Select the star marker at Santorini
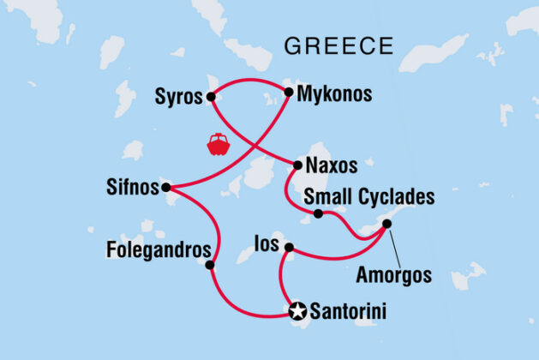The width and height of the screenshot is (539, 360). pyautogui.click(x=297, y=311)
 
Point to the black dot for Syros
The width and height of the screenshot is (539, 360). pyautogui.click(x=211, y=97)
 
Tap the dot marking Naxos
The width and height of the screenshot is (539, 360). pyautogui.click(x=297, y=164)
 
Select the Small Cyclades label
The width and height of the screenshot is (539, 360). pyautogui.click(x=370, y=197)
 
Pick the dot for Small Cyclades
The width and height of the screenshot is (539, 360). pyautogui.click(x=318, y=213)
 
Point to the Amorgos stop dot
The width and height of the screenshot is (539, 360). pyautogui.click(x=386, y=224)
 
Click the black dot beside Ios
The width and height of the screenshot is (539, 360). pyautogui.click(x=290, y=249)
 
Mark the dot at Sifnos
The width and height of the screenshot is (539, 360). pyautogui.click(x=165, y=187)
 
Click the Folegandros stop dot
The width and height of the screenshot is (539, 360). pyautogui.click(x=211, y=265)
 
